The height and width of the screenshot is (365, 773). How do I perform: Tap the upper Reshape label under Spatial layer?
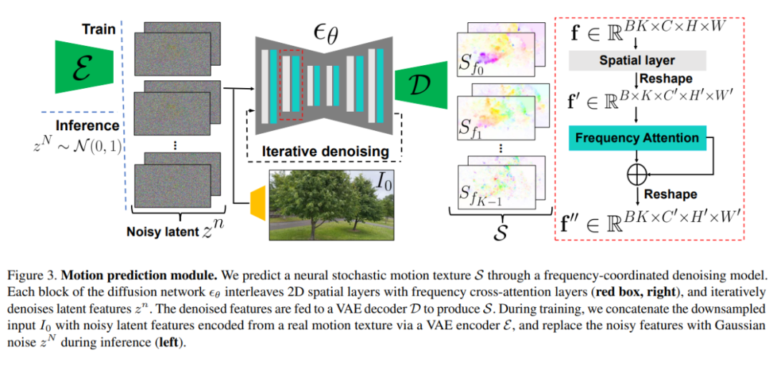(x=665, y=77)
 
